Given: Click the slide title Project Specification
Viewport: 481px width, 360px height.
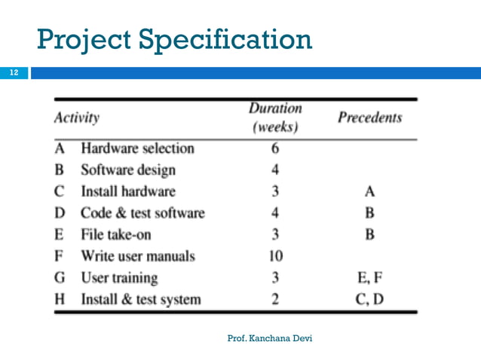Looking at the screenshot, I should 174,39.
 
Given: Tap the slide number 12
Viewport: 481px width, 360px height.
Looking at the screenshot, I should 13,73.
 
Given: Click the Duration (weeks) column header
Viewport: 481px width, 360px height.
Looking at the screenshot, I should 274,117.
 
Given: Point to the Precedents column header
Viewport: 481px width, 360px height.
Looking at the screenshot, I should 369,118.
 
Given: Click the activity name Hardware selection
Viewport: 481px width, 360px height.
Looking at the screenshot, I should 137,148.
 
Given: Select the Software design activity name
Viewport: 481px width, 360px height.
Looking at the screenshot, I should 128,170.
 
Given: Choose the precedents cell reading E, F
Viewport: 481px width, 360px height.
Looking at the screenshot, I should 369,279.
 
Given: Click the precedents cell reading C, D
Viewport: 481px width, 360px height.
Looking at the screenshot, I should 369,301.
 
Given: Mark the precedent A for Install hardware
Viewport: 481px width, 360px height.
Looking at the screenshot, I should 369,192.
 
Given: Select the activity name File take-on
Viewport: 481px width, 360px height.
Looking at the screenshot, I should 116,235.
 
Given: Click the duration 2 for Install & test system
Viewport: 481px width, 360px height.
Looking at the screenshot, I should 274,301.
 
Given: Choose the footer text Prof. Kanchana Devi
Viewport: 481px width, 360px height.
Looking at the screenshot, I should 269,338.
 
